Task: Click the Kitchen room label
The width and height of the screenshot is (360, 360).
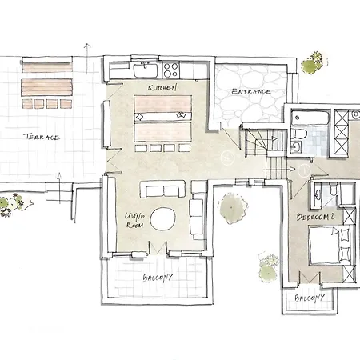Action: click(162, 87)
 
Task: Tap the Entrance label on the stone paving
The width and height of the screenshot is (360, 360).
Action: click(251, 92)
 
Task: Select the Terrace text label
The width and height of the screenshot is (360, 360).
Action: click(42, 137)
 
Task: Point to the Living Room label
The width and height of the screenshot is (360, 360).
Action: click(135, 221)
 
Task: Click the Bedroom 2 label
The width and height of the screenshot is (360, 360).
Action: click(316, 217)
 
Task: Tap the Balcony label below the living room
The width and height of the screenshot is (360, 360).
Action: click(158, 278)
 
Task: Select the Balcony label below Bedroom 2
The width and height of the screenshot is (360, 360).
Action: click(310, 298)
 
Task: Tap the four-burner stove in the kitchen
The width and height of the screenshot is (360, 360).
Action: click(170, 70)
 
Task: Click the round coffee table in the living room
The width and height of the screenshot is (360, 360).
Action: click(162, 219)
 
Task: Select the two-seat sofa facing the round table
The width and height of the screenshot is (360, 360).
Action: click(162, 190)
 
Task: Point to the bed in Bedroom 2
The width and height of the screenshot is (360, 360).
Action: click(330, 245)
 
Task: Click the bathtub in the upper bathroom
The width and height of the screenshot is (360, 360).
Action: click(310, 118)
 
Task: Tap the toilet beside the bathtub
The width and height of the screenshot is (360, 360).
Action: click(300, 134)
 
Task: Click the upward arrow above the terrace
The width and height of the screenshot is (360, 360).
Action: click(87, 58)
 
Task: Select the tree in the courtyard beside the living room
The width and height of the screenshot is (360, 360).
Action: click(232, 208)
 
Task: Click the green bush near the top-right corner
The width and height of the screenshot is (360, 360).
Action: click(314, 63)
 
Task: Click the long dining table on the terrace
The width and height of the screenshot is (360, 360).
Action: click(47, 87)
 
